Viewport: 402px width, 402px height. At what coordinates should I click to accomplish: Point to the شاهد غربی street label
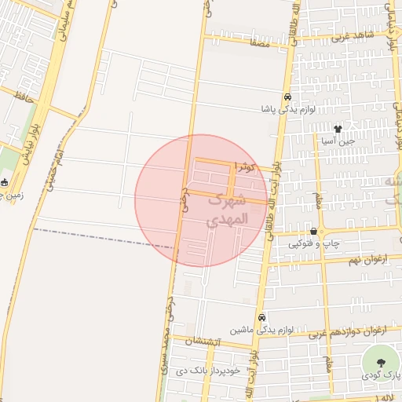click(x=351, y=36)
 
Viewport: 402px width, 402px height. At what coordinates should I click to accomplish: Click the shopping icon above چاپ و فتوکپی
click(x=314, y=231)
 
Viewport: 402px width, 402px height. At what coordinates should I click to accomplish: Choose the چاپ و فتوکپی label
click(x=314, y=244)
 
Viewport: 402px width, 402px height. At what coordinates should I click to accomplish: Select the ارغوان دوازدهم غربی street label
click(x=346, y=332)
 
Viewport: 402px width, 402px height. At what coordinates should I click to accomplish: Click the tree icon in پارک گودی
click(x=381, y=362)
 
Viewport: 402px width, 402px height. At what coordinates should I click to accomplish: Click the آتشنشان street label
click(x=205, y=342)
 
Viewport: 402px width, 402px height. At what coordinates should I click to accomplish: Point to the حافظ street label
click(x=26, y=97)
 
